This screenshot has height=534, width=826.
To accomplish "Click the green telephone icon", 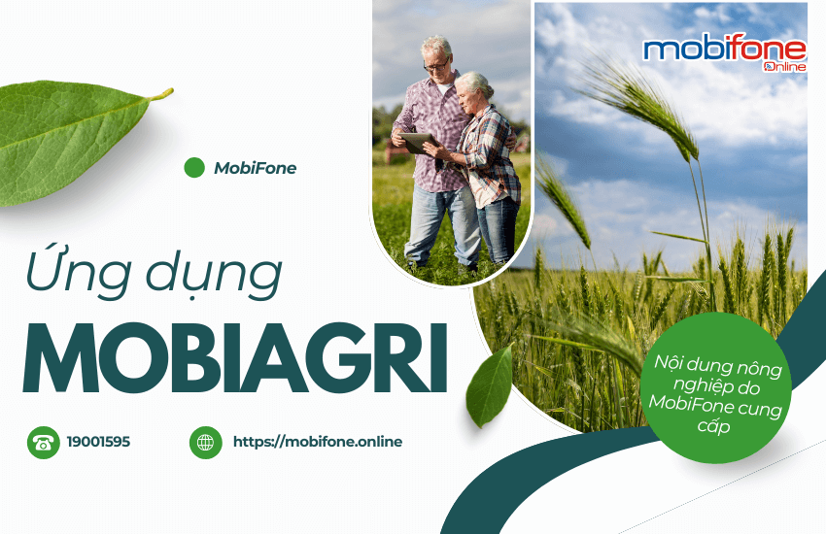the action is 43,443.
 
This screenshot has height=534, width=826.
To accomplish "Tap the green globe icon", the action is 205,443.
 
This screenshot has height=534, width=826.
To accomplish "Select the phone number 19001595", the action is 98,442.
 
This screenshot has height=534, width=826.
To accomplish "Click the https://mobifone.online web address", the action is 318,442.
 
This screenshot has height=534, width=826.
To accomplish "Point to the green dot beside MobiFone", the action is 194,168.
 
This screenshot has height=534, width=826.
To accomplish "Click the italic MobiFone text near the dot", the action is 256,168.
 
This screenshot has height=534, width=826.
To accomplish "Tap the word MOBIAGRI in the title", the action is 235,357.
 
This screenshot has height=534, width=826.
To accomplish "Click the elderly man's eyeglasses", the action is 437,65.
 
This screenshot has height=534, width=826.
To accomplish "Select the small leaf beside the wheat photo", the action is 490,385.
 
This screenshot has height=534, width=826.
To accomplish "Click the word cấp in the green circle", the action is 714,425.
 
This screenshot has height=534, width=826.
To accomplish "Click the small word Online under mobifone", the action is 785,67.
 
